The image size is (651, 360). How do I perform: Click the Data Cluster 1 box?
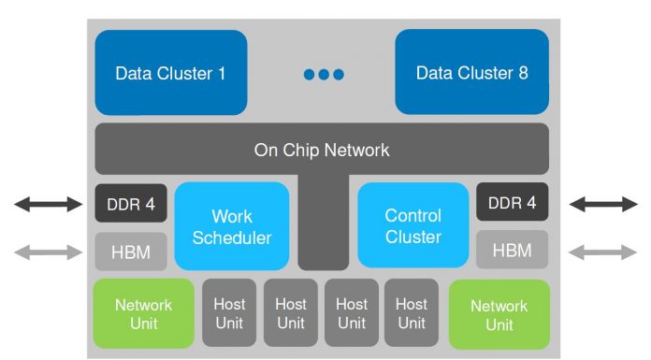click(x=170, y=72)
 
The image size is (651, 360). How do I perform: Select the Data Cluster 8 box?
click(x=471, y=72)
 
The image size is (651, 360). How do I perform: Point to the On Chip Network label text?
click(x=322, y=150)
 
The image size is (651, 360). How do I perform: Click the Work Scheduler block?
click(x=232, y=226)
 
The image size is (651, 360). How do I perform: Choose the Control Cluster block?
click(x=413, y=226)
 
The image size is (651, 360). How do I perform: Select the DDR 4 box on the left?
click(x=130, y=203)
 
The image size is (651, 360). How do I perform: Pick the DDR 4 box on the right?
click(x=513, y=203)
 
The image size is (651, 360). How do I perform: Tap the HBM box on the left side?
click(x=130, y=250)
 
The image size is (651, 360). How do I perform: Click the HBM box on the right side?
click(x=513, y=250)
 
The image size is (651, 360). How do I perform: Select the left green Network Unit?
click(x=143, y=314)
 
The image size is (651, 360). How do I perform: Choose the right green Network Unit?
click(x=499, y=314)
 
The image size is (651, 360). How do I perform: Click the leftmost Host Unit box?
click(x=229, y=313)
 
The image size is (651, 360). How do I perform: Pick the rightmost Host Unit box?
click(x=412, y=313)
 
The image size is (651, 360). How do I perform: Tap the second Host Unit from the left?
click(x=290, y=313)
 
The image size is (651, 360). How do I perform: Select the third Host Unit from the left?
click(x=351, y=313)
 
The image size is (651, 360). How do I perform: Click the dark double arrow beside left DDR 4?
click(x=48, y=204)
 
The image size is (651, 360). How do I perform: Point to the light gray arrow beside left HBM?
click(x=48, y=251)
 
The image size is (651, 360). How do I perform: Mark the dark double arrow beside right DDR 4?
click(x=603, y=204)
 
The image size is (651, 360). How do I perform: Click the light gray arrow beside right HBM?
click(x=603, y=251)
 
